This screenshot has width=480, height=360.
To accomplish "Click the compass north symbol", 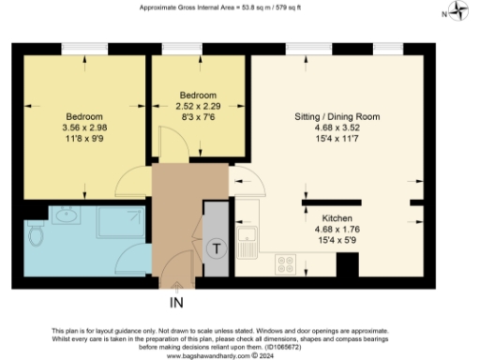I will coord(457,12).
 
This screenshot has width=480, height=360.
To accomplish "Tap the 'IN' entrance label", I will coord(177,303).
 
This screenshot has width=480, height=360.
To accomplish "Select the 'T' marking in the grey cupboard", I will coord(217,248).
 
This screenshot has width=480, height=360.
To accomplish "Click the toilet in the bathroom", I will coord(37,234).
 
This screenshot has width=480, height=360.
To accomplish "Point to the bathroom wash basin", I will coord(67,217).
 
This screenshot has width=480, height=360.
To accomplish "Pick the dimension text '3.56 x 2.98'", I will coord(84,127).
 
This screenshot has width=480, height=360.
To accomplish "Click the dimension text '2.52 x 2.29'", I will coord(198,107).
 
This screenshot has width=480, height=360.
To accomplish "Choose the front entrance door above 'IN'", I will coord(173,278).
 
